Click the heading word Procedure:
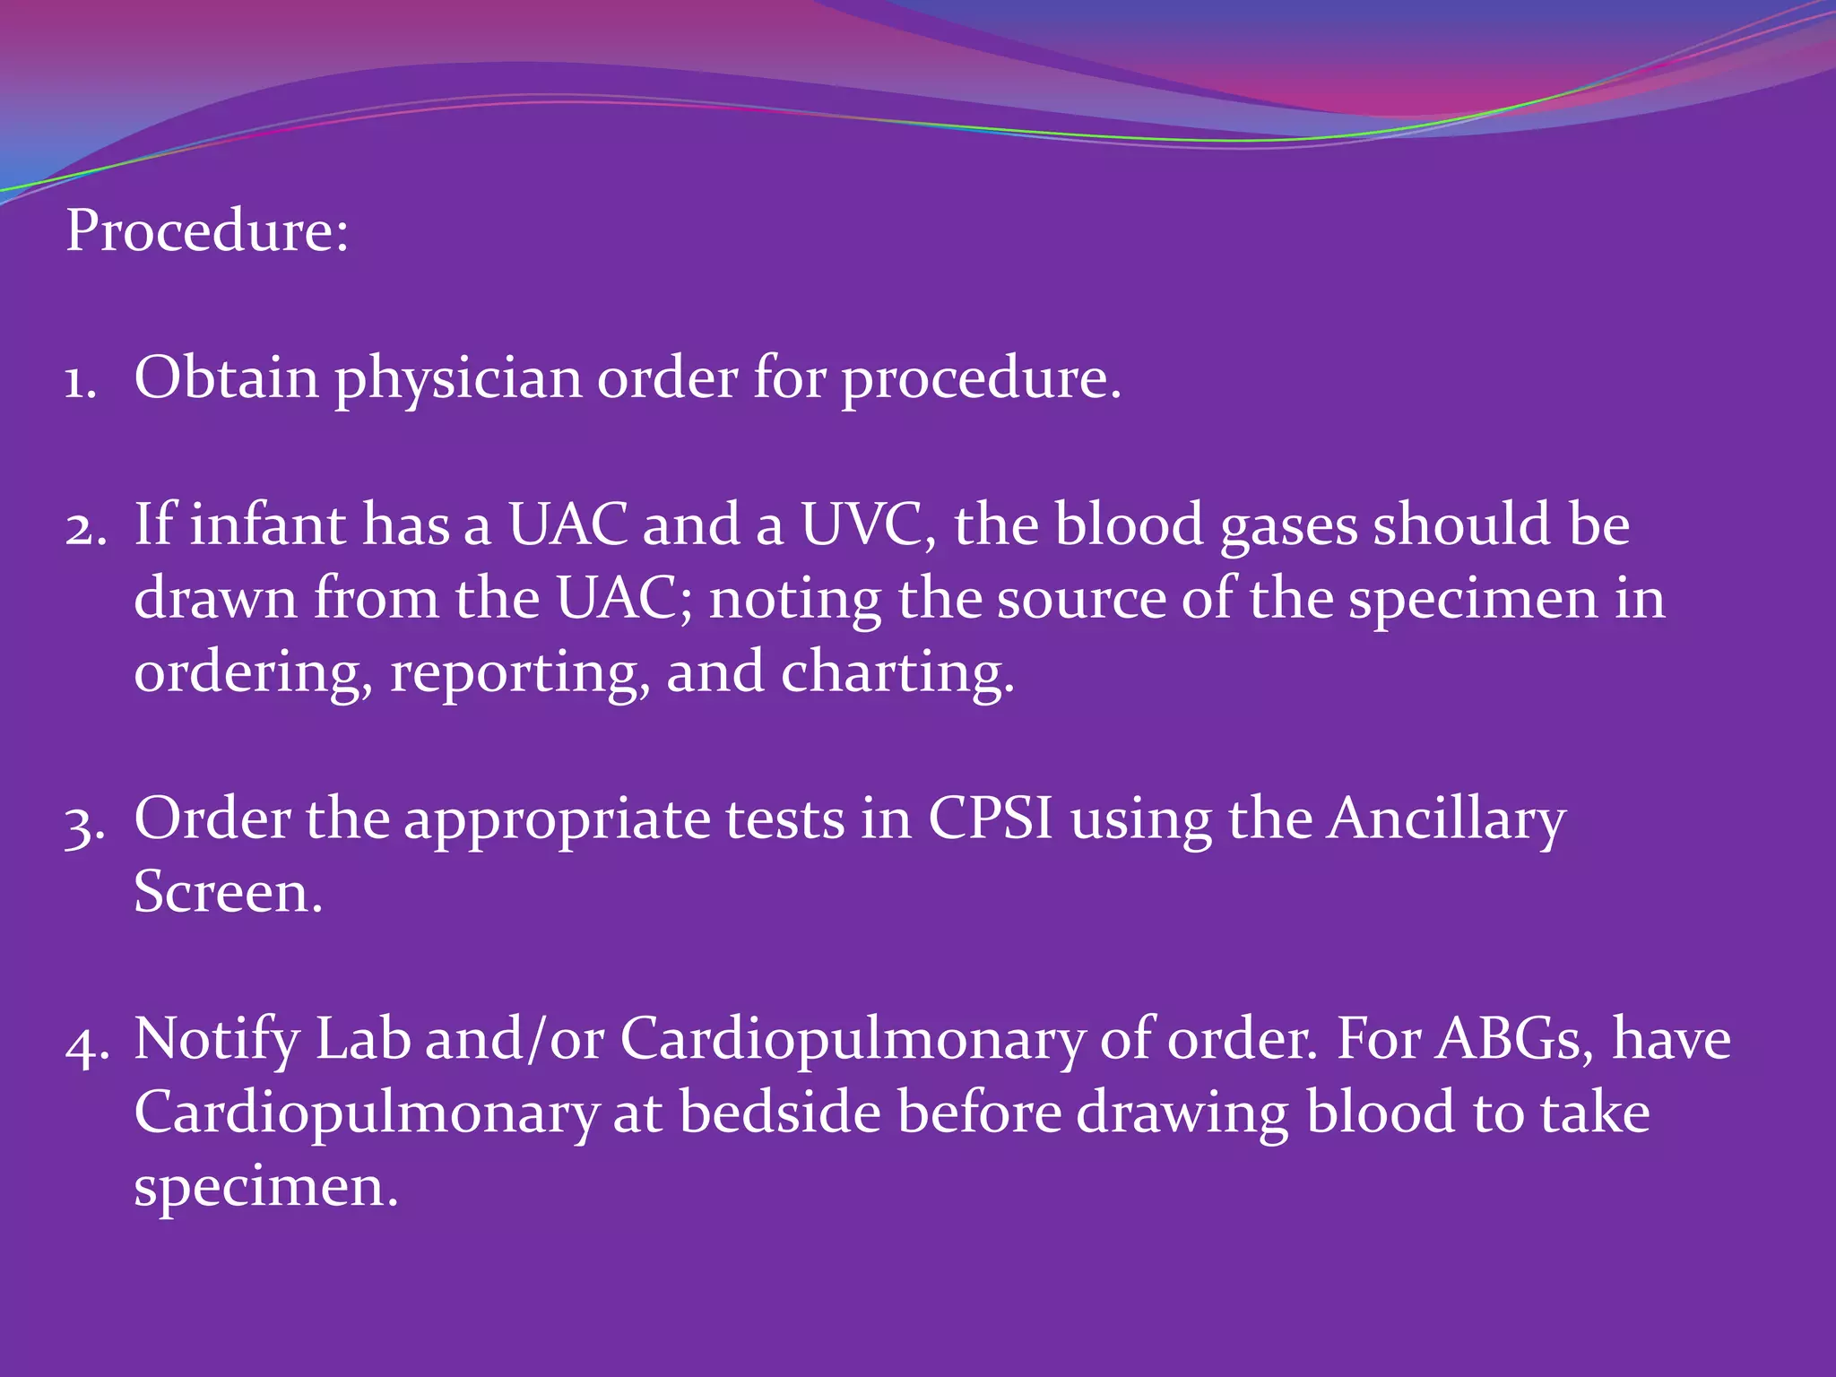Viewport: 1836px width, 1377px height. coord(207,231)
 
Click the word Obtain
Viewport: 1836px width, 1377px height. coord(226,377)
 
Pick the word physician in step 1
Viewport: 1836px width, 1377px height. coord(458,381)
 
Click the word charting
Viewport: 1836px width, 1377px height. coord(897,675)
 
